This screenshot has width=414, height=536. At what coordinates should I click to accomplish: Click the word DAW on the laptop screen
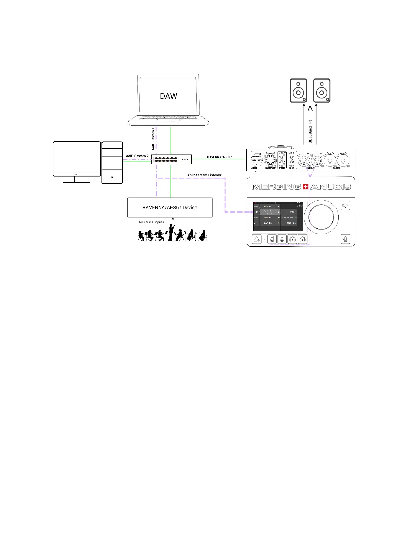pyautogui.click(x=168, y=96)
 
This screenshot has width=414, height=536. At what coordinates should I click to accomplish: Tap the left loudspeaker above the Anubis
pyautogui.click(x=298, y=90)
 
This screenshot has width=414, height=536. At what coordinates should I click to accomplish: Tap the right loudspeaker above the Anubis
pyautogui.click(x=322, y=90)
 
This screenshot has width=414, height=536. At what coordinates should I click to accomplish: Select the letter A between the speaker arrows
pyautogui.click(x=310, y=109)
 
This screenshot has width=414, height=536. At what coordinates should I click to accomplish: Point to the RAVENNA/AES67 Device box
pyautogui.click(x=170, y=207)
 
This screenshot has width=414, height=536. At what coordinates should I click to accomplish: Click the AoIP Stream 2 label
pyautogui.click(x=137, y=156)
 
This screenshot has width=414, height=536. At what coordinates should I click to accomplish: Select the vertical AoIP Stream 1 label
pyautogui.click(x=153, y=139)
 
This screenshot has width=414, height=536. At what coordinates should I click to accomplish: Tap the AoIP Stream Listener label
pyautogui.click(x=204, y=175)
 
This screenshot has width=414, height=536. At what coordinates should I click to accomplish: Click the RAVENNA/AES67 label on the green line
pyautogui.click(x=220, y=157)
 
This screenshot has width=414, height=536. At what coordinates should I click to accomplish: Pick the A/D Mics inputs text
pyautogui.click(x=151, y=222)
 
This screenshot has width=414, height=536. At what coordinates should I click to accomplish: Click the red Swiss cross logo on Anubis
pyautogui.click(x=306, y=187)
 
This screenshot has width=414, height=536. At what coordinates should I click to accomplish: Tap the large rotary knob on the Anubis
pyautogui.click(x=321, y=217)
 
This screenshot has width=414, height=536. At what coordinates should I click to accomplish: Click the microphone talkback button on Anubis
pyautogui.click(x=345, y=239)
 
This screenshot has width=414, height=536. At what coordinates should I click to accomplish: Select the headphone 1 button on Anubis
pyautogui.click(x=293, y=239)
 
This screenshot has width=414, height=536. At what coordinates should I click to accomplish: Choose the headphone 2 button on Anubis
pyautogui.click(x=303, y=239)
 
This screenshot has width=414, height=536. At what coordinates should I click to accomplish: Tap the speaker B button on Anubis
pyautogui.click(x=282, y=239)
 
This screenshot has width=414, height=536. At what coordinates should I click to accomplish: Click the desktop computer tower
pyautogui.click(x=112, y=162)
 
